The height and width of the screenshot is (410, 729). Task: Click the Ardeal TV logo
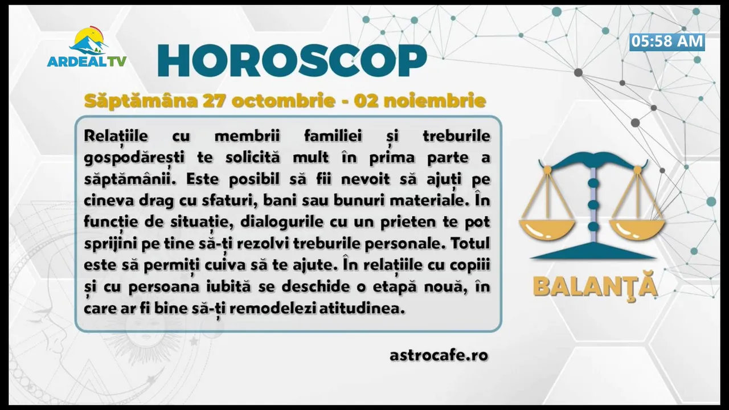(x=87, y=47)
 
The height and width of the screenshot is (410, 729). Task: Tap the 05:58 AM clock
(x=667, y=42)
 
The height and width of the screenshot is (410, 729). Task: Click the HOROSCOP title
(x=292, y=60)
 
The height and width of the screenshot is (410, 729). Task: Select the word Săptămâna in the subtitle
(x=141, y=101)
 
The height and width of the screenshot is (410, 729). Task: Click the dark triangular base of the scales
(x=593, y=251)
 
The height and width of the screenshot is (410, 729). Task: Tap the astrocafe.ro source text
(x=439, y=355)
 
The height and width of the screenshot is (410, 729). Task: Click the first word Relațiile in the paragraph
(x=116, y=136)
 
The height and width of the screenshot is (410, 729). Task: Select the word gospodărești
(x=134, y=158)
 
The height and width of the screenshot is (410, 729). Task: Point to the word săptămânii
(x=130, y=179)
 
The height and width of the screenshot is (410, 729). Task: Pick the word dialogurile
(x=282, y=222)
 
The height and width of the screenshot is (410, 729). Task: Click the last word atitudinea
(x=362, y=308)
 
